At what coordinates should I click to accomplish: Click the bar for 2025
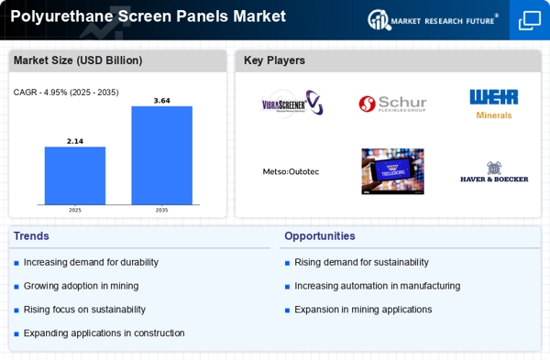[75, 176]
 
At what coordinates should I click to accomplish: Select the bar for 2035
[161, 156]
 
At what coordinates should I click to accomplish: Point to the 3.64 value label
[161, 101]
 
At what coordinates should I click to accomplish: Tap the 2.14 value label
[75, 141]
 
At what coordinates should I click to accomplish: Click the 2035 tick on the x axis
[161, 210]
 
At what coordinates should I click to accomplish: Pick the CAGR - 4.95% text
[40, 93]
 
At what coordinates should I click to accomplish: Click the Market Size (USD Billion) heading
[78, 60]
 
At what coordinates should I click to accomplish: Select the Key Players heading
[274, 60]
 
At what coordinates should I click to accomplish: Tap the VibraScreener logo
[292, 103]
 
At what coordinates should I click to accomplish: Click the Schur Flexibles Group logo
[392, 104]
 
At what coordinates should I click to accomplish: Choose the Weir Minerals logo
[494, 104]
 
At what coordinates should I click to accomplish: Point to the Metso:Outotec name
[291, 171]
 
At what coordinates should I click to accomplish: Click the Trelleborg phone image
[393, 171]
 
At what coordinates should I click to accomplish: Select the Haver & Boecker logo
[494, 172]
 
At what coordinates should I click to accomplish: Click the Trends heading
[31, 236]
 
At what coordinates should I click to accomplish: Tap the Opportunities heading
[320, 236]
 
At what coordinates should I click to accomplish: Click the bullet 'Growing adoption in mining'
[81, 286]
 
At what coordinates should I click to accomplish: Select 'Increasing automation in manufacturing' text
[378, 286]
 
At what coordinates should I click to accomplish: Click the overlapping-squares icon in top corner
[530, 20]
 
